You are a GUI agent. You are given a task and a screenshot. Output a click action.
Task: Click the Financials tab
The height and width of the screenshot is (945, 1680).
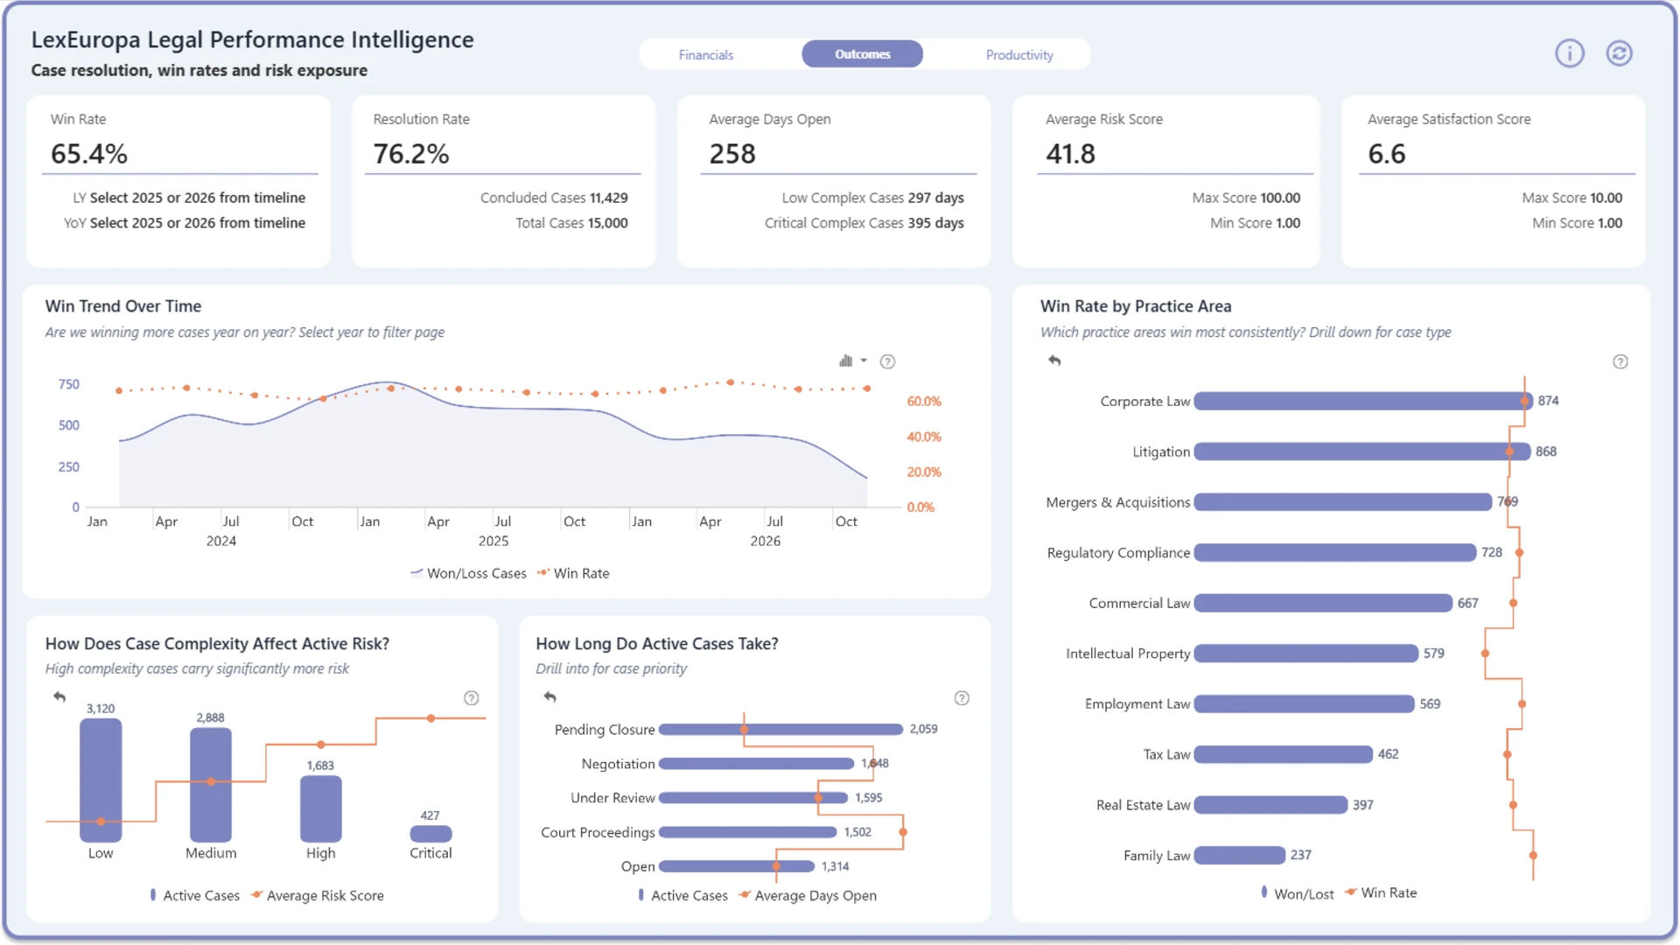[706, 54]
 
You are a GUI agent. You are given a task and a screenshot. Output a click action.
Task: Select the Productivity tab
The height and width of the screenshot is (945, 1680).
[1019, 54]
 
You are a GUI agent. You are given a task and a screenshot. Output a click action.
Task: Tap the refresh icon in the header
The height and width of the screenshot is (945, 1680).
[1619, 53]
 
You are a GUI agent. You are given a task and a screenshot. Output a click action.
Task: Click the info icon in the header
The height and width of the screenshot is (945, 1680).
[1569, 53]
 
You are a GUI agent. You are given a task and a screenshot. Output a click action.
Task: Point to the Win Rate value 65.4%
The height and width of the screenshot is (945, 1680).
[89, 154]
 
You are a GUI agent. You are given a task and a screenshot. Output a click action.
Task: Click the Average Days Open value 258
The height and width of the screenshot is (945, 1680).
[732, 154]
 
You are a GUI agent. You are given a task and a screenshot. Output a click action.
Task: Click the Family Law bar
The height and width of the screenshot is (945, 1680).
[1240, 855]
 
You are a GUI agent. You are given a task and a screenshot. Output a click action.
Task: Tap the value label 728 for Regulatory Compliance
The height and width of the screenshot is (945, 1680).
[1492, 552]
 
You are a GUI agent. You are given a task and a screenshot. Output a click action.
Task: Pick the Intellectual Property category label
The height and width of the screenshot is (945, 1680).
[1128, 654]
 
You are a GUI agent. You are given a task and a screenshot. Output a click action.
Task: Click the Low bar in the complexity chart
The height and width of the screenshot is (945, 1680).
[101, 780]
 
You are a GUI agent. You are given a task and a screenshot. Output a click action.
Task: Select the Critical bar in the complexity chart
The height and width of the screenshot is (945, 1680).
[430, 834]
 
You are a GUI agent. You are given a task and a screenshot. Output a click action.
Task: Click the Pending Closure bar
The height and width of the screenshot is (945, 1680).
[780, 729]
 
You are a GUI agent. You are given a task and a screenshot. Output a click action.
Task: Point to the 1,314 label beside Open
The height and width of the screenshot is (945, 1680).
[835, 866]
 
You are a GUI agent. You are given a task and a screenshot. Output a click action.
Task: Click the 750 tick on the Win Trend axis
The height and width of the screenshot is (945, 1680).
[69, 384]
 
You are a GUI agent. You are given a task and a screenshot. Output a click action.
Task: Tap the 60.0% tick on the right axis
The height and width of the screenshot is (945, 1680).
[924, 402]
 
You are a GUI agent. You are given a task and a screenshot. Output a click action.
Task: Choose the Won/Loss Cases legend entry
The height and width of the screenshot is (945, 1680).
[469, 573]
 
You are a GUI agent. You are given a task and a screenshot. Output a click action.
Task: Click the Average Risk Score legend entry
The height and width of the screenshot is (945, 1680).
[318, 895]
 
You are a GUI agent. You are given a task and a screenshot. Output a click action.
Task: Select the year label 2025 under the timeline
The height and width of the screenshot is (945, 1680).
[493, 541]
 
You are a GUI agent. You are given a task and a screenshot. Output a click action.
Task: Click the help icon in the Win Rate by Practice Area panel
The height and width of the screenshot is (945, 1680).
[1620, 361]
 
